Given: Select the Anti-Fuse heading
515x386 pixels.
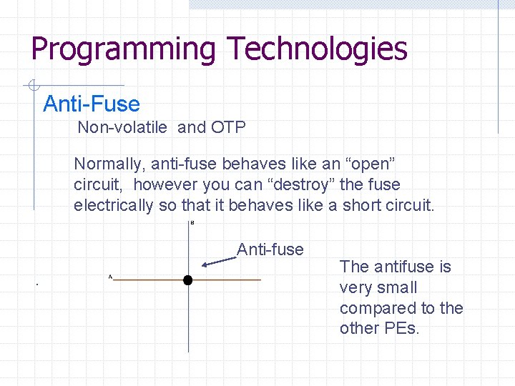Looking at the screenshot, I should click(92, 104).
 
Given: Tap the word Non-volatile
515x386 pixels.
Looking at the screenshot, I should click(122, 128).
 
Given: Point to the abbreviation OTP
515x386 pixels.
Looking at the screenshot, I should click(228, 128).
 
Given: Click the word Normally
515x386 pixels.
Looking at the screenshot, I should click(107, 164).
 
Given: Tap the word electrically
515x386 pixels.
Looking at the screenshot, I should click(113, 205).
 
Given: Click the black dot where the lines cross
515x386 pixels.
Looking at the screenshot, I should click(187, 280).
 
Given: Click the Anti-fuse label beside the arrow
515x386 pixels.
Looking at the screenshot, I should click(270, 249).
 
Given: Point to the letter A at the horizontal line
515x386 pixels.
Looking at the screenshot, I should click(110, 276).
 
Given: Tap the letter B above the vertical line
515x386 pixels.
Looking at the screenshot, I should click(192, 223).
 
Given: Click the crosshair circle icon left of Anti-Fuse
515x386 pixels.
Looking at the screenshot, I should click(32, 86).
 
